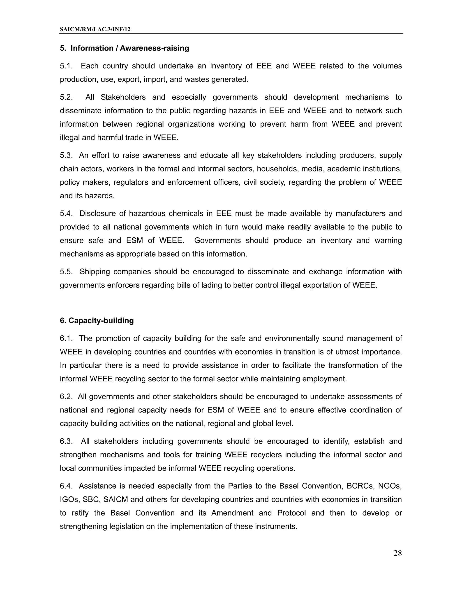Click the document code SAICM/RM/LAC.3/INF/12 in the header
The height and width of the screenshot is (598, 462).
tap(95, 29)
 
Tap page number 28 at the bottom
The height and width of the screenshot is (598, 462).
tap(397, 553)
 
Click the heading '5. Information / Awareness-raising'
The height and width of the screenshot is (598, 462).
tap(124, 48)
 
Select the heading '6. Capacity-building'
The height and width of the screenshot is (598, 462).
tap(97, 321)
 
